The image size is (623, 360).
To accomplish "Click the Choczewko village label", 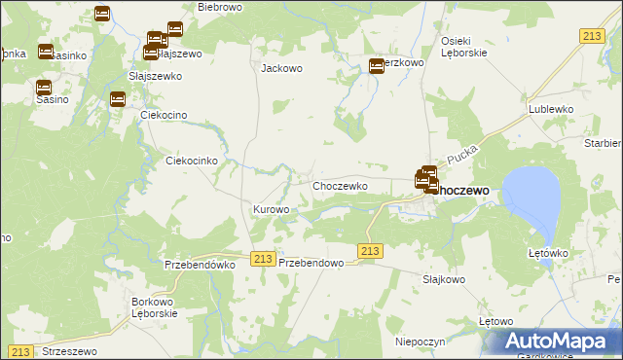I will [339, 185].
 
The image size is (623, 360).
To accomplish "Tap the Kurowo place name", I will [271, 209].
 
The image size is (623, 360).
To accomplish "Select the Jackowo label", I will [281, 69].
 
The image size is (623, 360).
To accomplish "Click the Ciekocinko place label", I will [197, 161].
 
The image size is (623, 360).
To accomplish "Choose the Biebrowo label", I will [218, 7].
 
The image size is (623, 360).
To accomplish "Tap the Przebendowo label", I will [312, 263].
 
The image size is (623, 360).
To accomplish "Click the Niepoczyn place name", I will [420, 342].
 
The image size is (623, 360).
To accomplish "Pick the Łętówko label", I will [547, 253].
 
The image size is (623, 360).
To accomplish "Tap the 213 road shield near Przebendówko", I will [261, 258].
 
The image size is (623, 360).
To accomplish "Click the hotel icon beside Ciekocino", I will [118, 98].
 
